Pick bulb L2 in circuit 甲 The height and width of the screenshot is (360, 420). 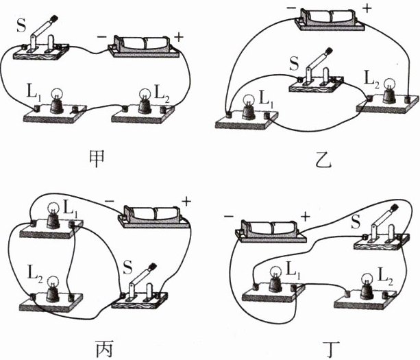(x=144, y=101)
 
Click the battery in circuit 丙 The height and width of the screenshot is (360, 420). (x=153, y=215)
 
